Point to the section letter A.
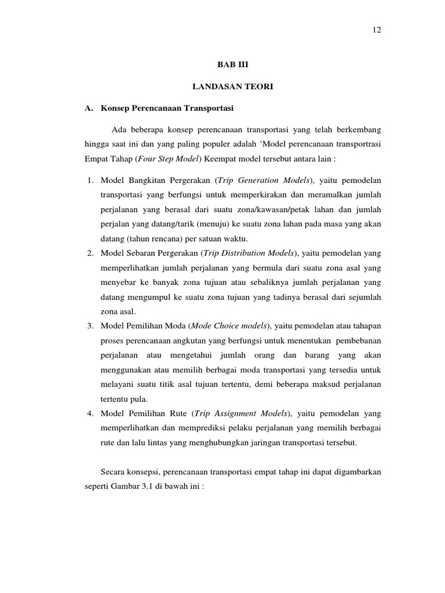click(x=89, y=108)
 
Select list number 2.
click(x=90, y=253)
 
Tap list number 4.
click(x=90, y=413)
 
